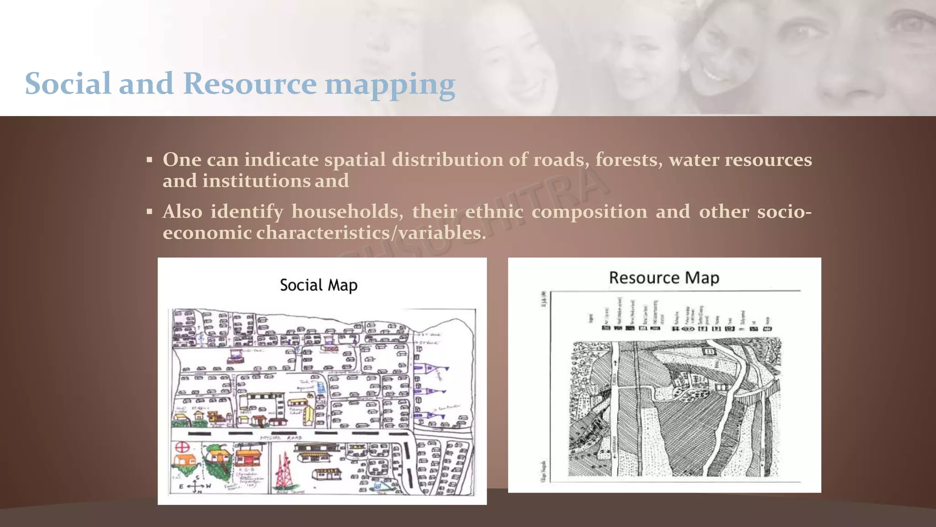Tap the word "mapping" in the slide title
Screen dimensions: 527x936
pyautogui.click(x=390, y=85)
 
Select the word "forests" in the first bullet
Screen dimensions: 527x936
pyautogui.click(x=629, y=160)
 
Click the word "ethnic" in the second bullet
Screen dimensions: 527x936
pyautogui.click(x=494, y=211)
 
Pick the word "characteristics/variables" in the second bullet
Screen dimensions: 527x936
pyautogui.click(x=370, y=233)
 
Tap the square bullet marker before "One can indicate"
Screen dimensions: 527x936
pyautogui.click(x=149, y=160)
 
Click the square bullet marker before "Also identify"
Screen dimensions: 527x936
pyautogui.click(x=149, y=212)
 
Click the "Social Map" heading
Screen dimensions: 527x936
pyautogui.click(x=319, y=285)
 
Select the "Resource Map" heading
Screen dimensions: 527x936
pyautogui.click(x=664, y=278)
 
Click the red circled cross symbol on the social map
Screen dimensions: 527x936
pyautogui.click(x=182, y=447)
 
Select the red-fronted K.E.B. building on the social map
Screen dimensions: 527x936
pyautogui.click(x=248, y=457)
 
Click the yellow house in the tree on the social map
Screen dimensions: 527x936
pyautogui.click(x=218, y=456)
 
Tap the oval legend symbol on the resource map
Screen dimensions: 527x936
pyautogui.click(x=689, y=328)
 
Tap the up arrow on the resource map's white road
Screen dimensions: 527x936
pyautogui.click(x=615, y=363)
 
